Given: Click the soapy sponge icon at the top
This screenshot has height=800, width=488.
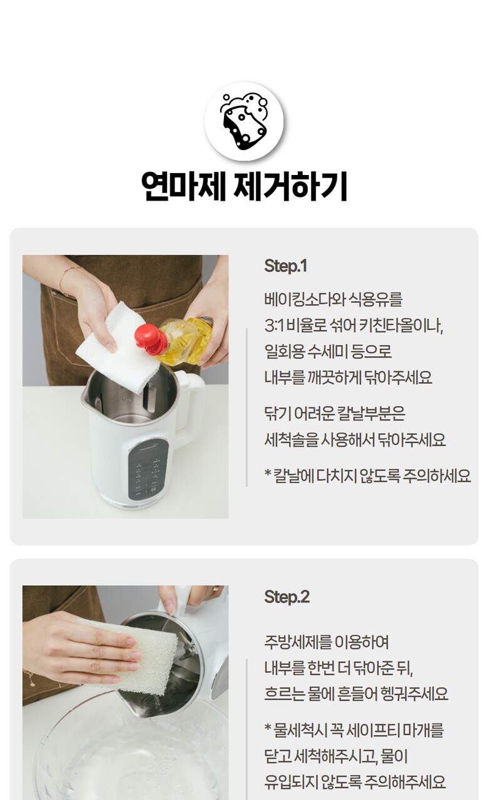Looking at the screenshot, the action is click(244, 121).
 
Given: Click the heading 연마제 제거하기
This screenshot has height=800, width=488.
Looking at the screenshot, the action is click(244, 186).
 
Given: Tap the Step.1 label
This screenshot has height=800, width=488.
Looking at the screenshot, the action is click(285, 266).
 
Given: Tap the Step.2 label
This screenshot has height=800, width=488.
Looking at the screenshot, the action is click(287, 597).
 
